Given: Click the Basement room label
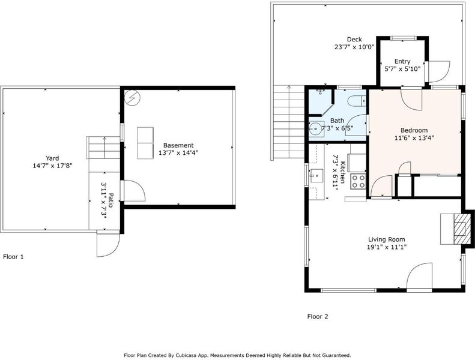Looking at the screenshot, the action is pos(178,145).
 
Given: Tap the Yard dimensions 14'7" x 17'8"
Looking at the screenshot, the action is pos(52,166).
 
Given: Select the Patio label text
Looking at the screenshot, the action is pos(110,200).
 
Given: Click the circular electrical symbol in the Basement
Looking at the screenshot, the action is pos(132,98).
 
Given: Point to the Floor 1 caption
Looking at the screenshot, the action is pos(13,257).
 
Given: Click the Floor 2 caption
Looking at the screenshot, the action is pos(318,316).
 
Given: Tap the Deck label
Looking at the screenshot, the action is pos(354,40).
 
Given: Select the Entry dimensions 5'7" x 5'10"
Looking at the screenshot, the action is pos(402,69).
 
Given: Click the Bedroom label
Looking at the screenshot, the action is pos(414,130).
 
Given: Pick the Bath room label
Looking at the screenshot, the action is pos(337,121).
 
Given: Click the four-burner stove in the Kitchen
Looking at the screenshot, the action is pos(359,181).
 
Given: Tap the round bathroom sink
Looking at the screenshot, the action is pos(315,128).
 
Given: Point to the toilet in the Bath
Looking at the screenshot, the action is pos(356,101).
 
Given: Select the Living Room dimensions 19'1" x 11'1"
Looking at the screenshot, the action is pos(387,247).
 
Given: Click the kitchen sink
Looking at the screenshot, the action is pos(316,176).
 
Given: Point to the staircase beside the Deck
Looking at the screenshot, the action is pos(289,122).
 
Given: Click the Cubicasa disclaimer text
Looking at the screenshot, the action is pos(237,355).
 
